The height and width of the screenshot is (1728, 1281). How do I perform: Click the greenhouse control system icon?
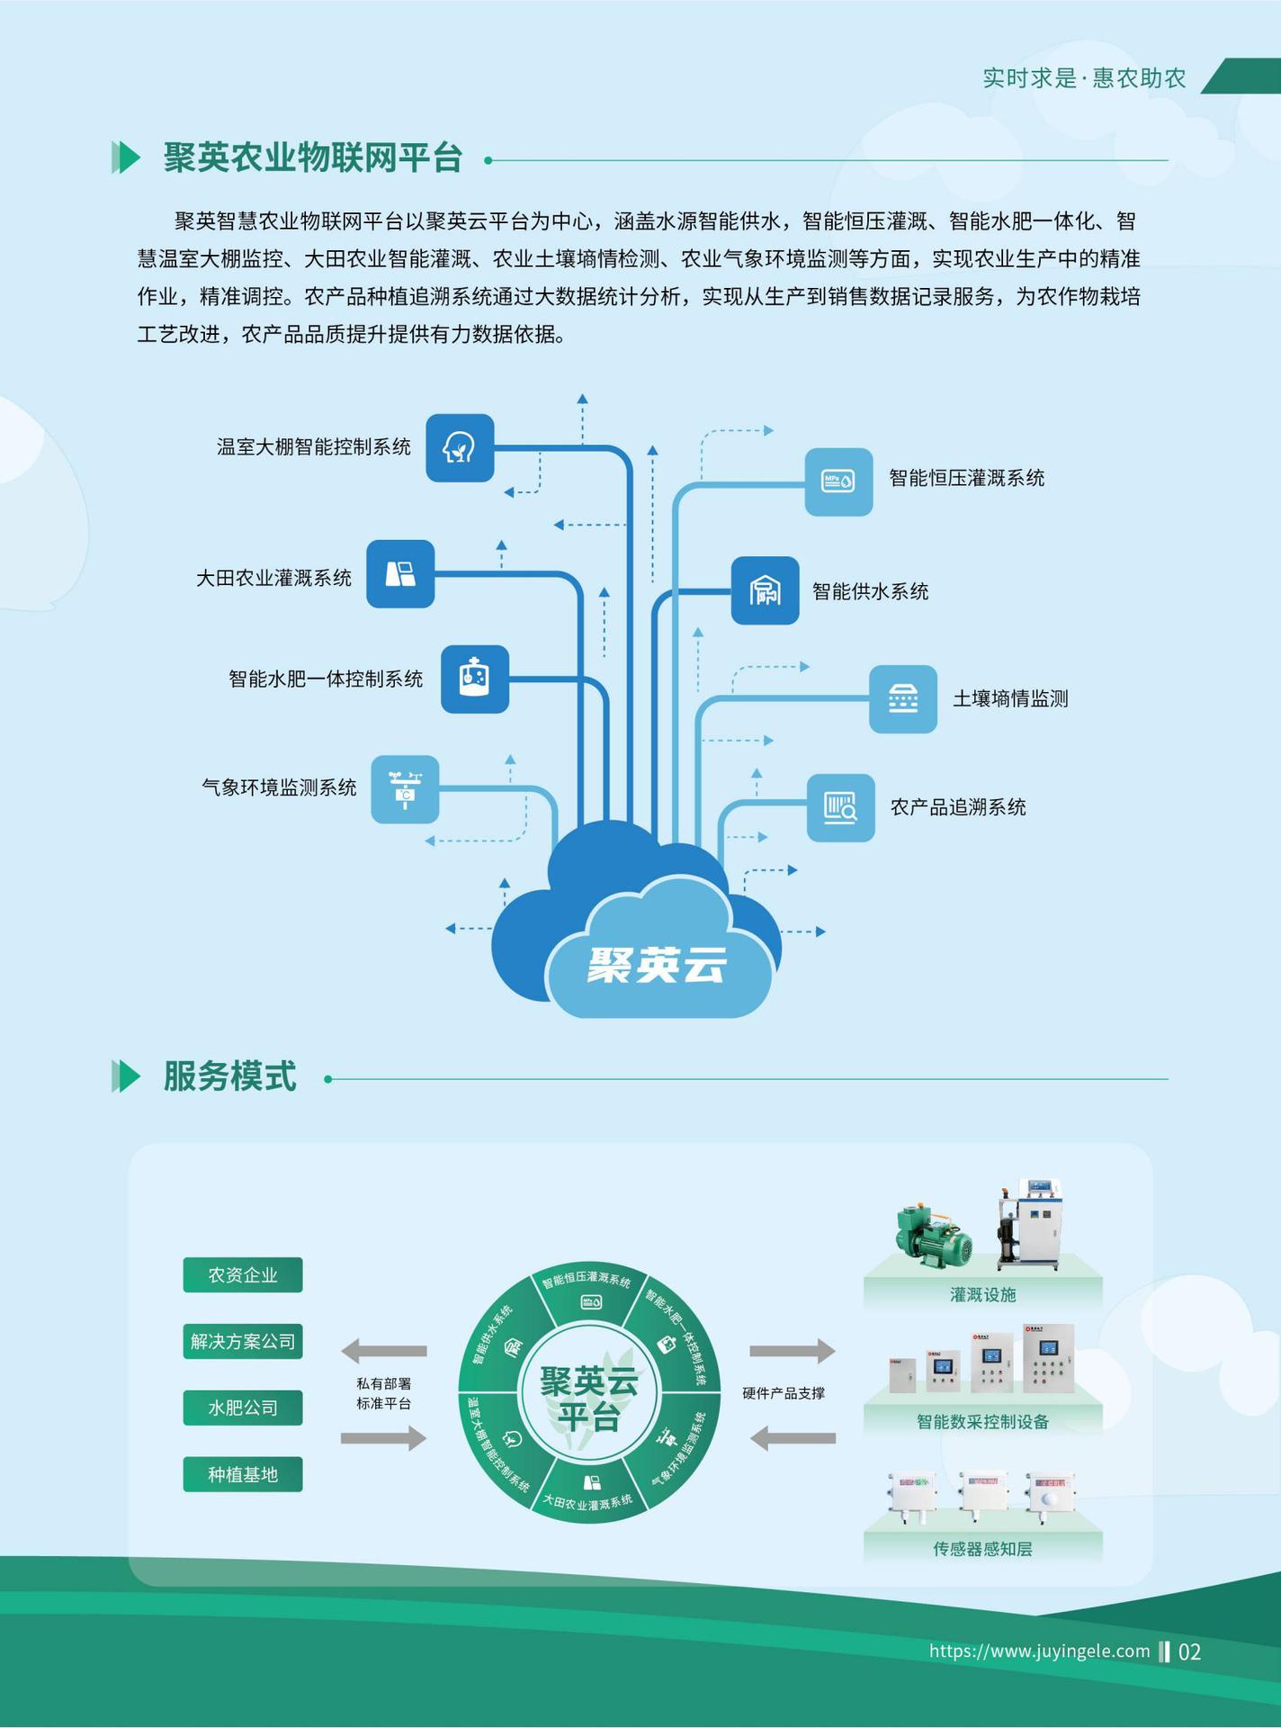(460, 447)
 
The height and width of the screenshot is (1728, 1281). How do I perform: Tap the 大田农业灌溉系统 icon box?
(400, 574)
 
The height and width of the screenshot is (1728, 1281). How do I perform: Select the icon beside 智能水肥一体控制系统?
(475, 679)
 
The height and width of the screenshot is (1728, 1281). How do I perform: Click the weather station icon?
(405, 789)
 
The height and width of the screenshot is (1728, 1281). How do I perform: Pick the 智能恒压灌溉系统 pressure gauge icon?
(838, 481)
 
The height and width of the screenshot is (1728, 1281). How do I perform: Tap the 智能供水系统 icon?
(765, 590)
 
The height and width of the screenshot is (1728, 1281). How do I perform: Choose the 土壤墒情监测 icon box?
(902, 699)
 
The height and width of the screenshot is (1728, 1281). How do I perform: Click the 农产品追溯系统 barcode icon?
(840, 807)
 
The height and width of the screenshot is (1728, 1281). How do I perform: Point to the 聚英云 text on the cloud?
(657, 966)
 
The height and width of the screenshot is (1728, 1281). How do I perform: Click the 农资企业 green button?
(243, 1274)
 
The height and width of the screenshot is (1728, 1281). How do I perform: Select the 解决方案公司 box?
(243, 1341)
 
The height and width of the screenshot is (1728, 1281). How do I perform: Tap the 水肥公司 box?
(243, 1408)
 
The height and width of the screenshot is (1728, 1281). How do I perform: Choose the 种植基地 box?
(243, 1474)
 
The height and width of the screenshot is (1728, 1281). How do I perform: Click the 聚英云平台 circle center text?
(588, 1399)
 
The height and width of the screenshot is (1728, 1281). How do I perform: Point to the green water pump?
(935, 1237)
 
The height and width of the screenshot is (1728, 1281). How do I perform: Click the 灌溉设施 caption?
(982, 1294)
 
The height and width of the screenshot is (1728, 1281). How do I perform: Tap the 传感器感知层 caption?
(982, 1548)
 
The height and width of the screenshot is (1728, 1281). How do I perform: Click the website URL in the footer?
(1039, 1651)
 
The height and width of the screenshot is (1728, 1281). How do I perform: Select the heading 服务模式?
(229, 1076)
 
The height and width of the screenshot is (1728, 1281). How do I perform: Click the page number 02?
(1189, 1651)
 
